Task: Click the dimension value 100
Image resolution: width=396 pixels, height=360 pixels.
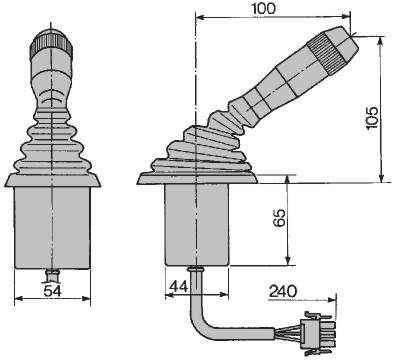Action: click(x=264, y=9)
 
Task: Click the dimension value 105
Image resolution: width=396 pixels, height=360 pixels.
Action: click(x=372, y=118)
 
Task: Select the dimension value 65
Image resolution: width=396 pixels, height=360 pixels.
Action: click(x=279, y=218)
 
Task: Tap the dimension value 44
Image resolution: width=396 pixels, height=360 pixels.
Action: click(x=179, y=286)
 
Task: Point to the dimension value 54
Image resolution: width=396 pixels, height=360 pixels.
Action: click(x=53, y=291)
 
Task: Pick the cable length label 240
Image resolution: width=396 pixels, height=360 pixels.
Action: click(x=283, y=291)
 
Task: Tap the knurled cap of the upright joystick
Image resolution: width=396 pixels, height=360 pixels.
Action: click(x=51, y=43)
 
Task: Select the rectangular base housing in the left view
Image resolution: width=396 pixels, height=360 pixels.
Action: click(x=53, y=228)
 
